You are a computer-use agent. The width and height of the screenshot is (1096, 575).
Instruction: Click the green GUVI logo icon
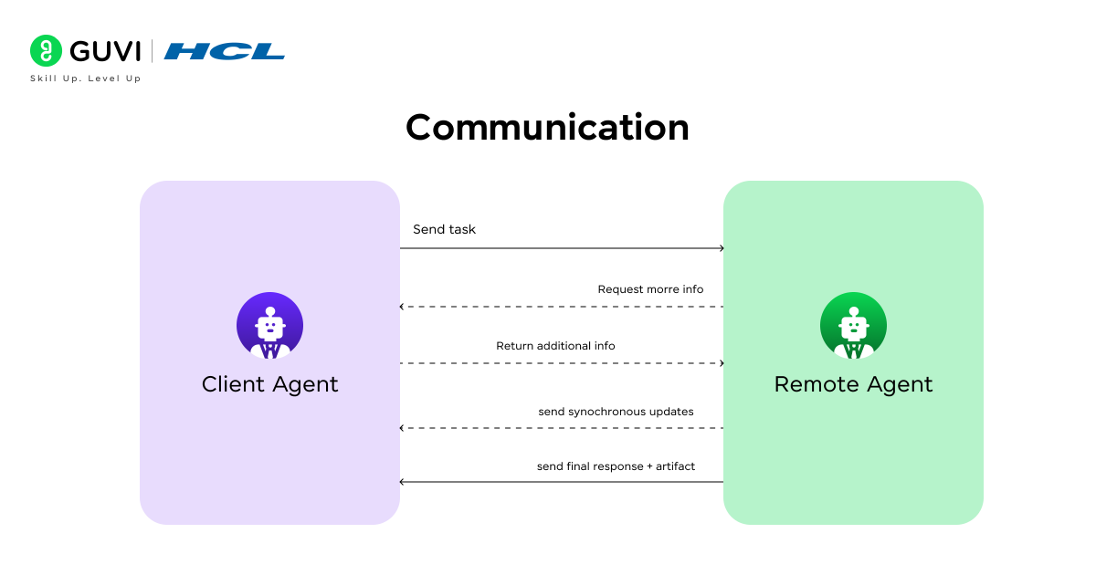(46, 51)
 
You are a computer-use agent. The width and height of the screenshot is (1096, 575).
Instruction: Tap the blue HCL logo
(225, 51)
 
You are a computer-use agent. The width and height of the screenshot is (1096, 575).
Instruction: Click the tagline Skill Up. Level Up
(86, 78)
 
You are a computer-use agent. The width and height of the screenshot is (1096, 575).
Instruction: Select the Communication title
(547, 127)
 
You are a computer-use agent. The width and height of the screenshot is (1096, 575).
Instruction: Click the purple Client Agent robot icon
(269, 325)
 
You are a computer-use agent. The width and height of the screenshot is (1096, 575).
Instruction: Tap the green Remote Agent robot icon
(853, 325)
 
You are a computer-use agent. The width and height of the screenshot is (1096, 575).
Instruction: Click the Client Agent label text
(269, 384)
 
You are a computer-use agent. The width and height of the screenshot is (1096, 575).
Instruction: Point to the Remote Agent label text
(853, 384)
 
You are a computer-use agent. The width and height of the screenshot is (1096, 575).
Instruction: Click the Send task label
(444, 229)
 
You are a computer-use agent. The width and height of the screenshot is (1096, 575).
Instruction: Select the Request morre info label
(650, 289)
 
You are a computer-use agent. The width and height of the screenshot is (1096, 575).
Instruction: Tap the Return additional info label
(555, 346)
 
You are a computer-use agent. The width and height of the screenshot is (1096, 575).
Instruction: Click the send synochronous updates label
(616, 412)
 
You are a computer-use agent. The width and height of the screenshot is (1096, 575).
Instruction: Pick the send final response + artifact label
(616, 466)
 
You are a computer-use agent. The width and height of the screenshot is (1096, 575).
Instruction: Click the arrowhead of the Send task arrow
(722, 248)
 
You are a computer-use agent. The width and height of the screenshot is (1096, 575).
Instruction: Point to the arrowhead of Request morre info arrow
(403, 307)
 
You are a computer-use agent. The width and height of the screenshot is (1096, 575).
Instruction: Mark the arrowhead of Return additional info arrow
(722, 363)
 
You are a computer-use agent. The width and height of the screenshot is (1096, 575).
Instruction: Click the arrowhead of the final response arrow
(403, 482)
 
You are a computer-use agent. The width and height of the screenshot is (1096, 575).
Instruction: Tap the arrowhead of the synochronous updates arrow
(403, 427)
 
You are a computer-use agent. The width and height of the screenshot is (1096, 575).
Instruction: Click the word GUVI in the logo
(104, 51)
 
